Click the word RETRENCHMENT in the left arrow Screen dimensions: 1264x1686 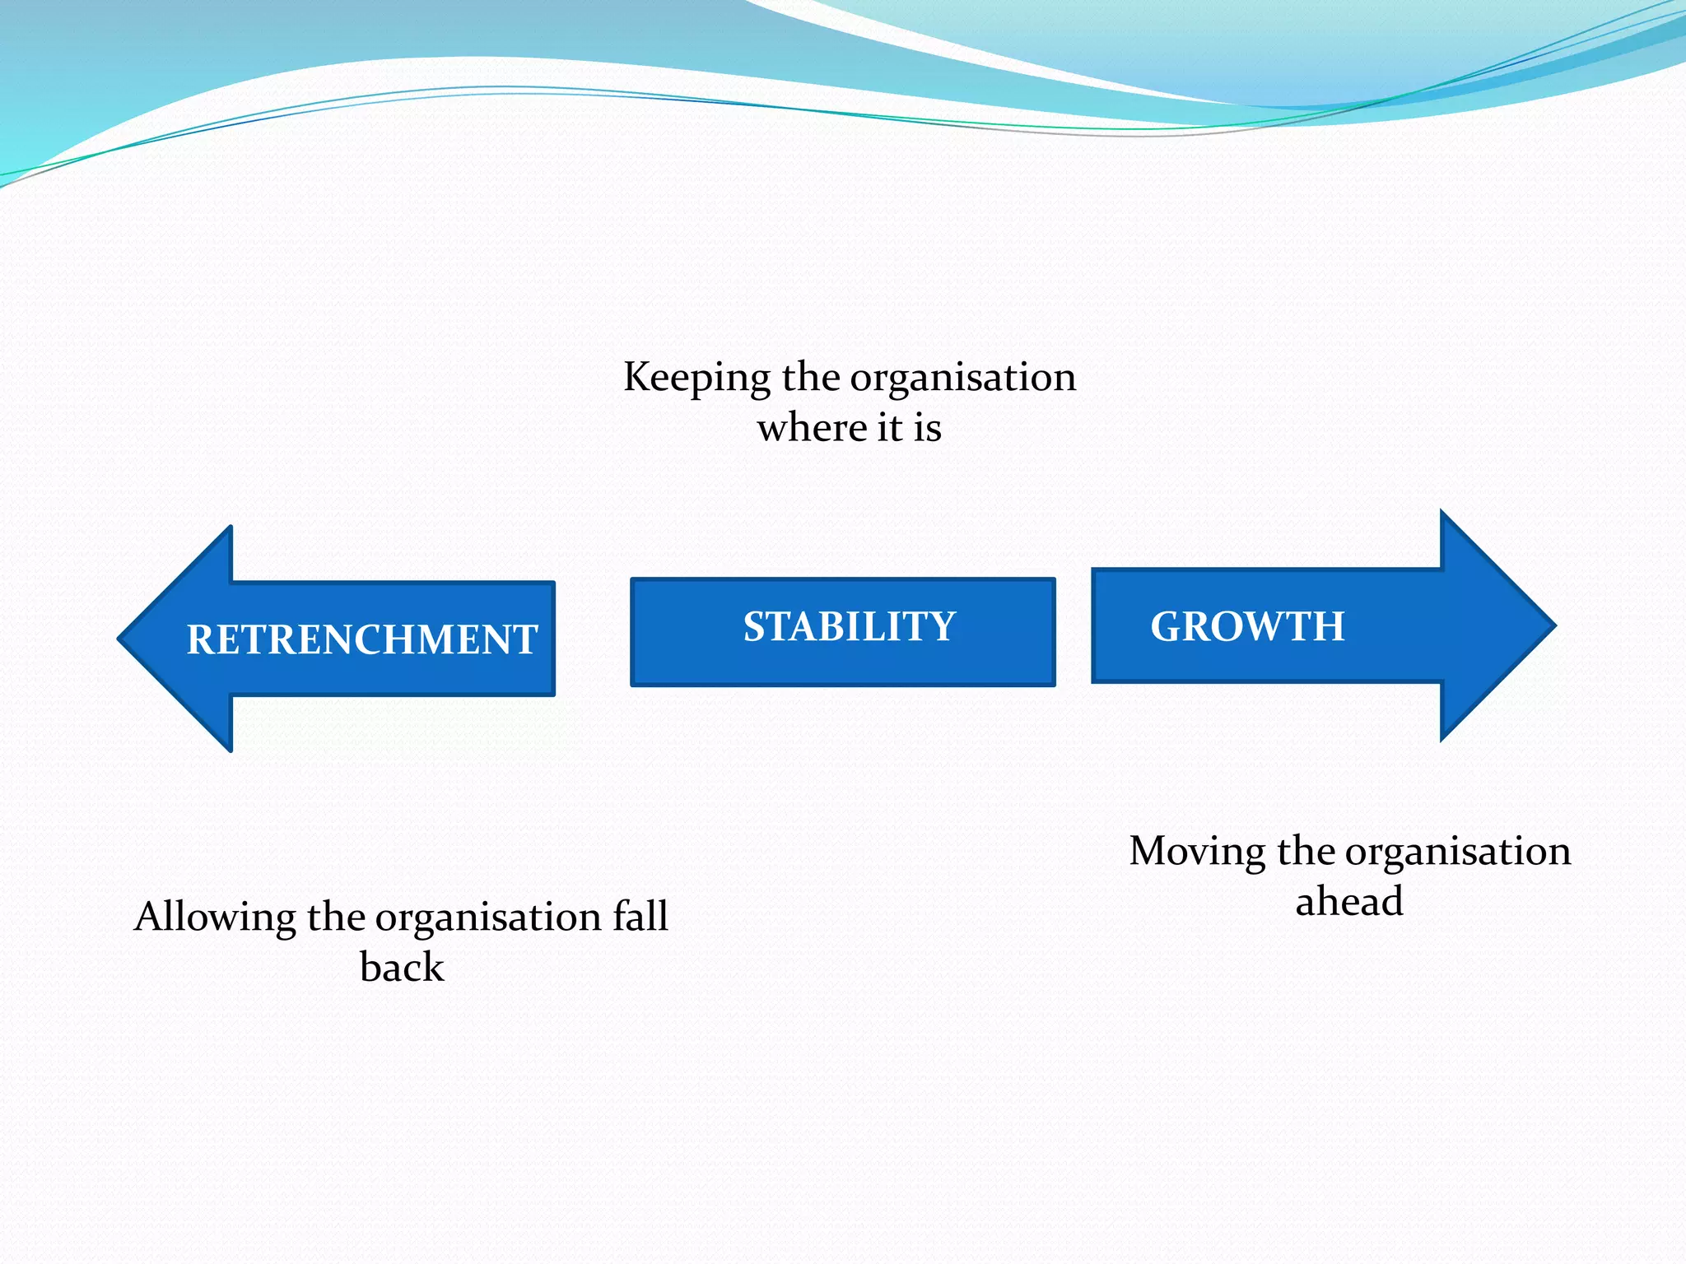click(362, 640)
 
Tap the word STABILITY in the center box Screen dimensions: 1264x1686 click(850, 627)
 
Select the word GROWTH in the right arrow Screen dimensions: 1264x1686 click(1247, 627)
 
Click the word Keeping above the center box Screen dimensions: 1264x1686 click(696, 379)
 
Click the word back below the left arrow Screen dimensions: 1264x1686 click(402, 968)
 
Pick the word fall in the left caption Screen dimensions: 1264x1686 click(640, 917)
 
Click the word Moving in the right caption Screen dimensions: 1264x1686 click(1196, 851)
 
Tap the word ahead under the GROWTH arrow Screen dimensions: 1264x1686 click(1349, 902)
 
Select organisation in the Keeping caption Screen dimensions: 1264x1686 click(962, 379)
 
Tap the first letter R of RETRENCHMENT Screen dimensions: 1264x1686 click(202, 640)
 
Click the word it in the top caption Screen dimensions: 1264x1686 click(889, 428)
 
